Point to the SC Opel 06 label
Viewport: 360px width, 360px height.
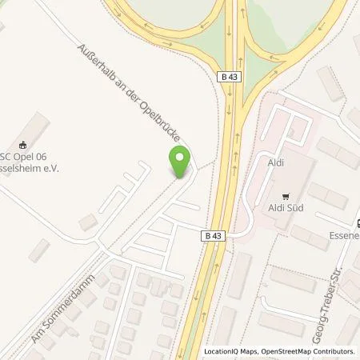[32, 157]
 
